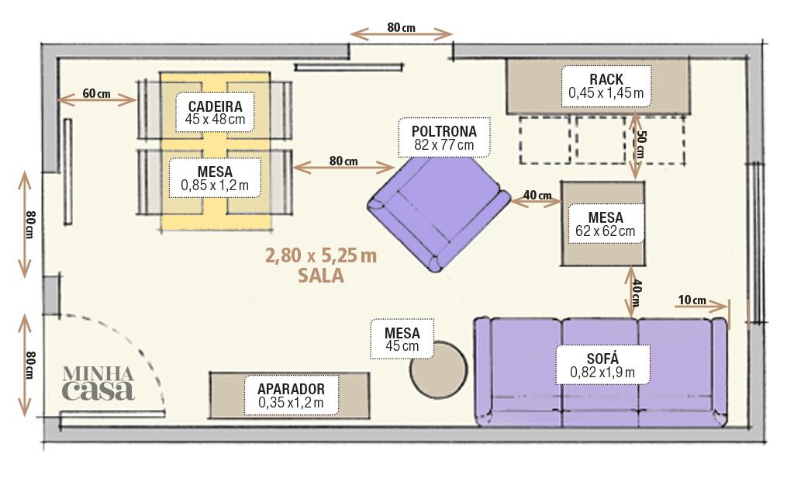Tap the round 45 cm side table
coord(439,369)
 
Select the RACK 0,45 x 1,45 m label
coord(606,86)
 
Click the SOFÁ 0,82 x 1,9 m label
coord(602,366)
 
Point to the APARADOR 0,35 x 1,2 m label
coord(291,396)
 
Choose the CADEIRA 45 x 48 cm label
coord(215,113)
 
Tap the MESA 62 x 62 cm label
coord(605,224)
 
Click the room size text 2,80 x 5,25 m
coord(321,255)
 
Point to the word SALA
coord(321,276)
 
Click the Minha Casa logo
coord(98,383)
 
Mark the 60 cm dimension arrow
coord(96,99)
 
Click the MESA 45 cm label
coord(402,339)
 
